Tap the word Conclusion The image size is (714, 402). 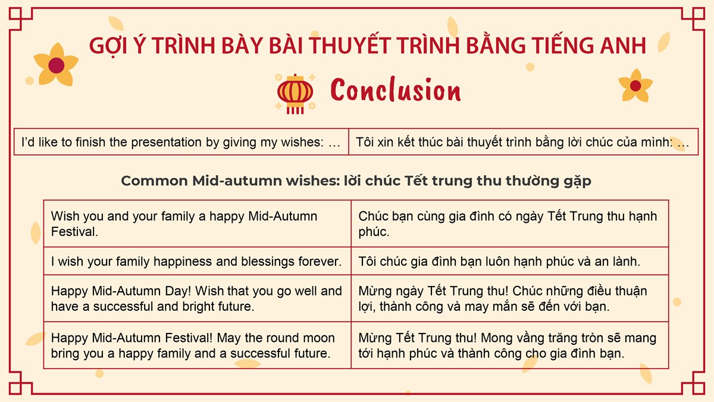click(x=396, y=91)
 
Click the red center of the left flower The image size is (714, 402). click(x=57, y=66)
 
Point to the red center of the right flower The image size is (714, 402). click(x=635, y=86)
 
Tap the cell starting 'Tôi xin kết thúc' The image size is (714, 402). click(x=524, y=142)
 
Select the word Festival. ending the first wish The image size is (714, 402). click(x=74, y=232)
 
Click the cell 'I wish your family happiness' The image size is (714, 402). click(x=198, y=261)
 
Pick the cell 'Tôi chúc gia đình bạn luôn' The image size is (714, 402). click(x=510, y=261)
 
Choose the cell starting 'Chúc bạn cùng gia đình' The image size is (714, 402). click(x=510, y=224)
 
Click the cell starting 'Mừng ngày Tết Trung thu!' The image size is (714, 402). click(x=510, y=298)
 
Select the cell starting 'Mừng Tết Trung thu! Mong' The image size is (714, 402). click(x=510, y=345)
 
